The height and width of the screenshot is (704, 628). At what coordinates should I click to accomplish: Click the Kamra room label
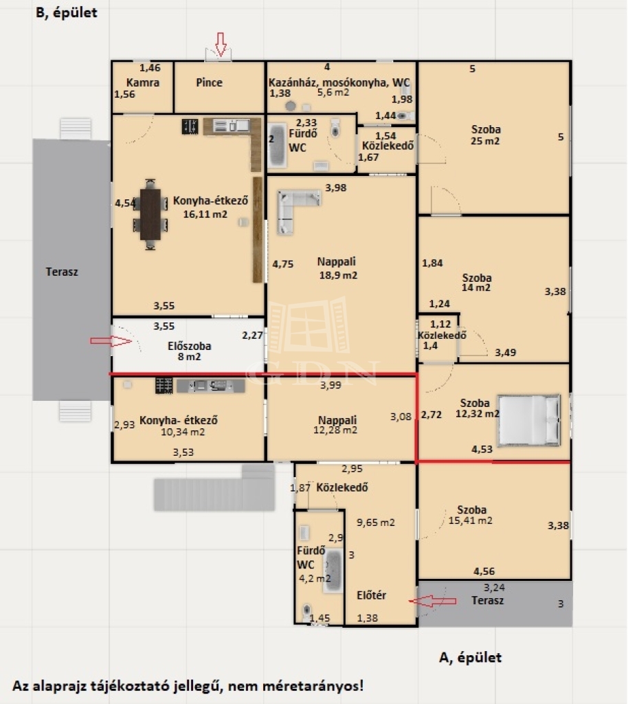pos(143,82)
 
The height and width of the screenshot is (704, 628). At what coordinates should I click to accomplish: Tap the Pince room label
pos(209,82)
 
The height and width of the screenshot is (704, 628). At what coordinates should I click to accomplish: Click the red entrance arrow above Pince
pos(221,44)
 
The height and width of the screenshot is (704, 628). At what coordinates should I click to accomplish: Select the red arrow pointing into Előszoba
pos(111,341)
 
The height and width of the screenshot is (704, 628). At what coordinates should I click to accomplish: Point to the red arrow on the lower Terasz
pos(432,601)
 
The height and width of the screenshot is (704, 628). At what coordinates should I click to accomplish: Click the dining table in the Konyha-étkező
pos(150,214)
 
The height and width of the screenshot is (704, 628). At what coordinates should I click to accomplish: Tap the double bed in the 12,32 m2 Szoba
pos(529,420)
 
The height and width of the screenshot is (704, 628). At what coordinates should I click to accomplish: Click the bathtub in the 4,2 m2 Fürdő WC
pos(333,571)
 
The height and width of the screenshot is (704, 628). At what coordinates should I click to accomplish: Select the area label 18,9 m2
pos(338,275)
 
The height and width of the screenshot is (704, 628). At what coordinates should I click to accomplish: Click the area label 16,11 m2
pos(205,214)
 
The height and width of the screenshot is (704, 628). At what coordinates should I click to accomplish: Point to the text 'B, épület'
pos(67,12)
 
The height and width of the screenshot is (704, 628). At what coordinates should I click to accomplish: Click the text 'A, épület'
pos(470,658)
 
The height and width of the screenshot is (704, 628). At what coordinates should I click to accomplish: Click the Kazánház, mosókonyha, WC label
pos(339,82)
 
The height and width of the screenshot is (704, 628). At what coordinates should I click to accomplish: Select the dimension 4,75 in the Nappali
pos(282,264)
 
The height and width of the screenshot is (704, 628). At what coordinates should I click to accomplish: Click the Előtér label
pos(372,595)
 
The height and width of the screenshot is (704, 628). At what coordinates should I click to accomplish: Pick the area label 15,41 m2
pos(470,521)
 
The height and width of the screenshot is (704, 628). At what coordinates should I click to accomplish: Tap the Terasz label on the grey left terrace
pos(62,272)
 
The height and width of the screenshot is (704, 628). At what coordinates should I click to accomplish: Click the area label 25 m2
pos(485,141)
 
